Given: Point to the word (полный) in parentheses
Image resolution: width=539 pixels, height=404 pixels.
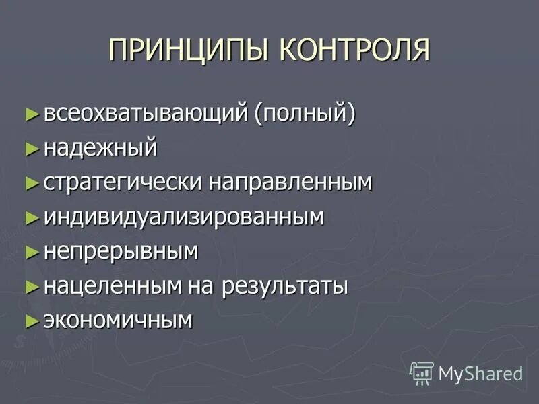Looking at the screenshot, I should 305,112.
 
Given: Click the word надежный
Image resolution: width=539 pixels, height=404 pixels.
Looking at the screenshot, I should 100,147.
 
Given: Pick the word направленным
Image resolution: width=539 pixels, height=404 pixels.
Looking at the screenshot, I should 290,182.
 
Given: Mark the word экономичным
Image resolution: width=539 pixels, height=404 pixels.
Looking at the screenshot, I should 119,321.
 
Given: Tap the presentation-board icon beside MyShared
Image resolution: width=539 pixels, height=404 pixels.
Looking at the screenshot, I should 422,372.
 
